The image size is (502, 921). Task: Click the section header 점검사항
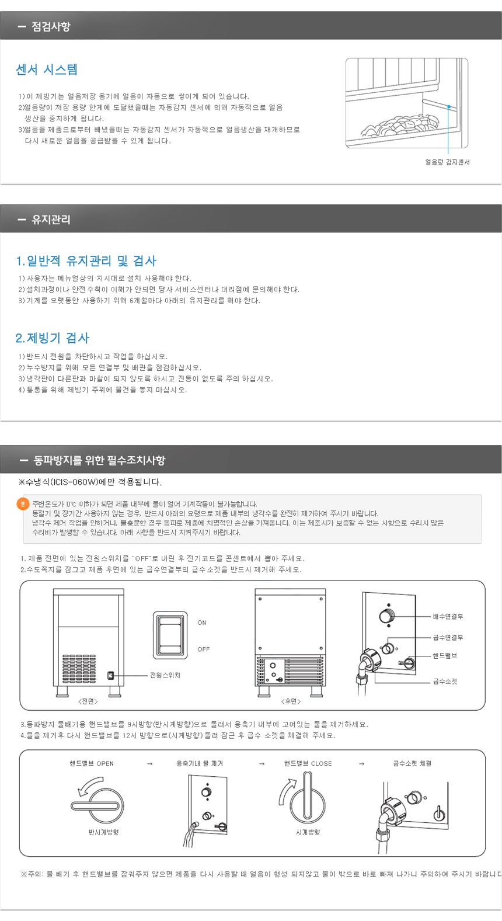51,27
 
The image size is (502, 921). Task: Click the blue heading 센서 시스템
47,69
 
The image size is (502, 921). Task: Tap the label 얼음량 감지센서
447,162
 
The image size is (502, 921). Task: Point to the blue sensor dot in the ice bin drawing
449,107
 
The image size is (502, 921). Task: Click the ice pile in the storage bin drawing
400,124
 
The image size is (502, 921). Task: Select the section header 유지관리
51,220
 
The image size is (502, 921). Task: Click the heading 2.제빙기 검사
52,338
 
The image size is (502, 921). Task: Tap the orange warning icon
23,504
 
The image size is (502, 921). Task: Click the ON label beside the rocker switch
202,623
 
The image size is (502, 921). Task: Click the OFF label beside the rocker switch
203,649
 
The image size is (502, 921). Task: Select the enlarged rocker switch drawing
170,635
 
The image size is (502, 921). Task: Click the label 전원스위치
165,675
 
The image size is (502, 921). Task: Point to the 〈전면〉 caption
88,701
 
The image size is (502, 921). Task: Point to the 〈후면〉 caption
291,701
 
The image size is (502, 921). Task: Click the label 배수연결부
448,616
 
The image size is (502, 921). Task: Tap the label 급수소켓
445,682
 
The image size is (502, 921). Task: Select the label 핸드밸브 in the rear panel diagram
445,656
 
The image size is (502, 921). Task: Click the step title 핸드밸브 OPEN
92,763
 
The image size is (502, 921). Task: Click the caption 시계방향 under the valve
308,832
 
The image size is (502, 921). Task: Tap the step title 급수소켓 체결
413,763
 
